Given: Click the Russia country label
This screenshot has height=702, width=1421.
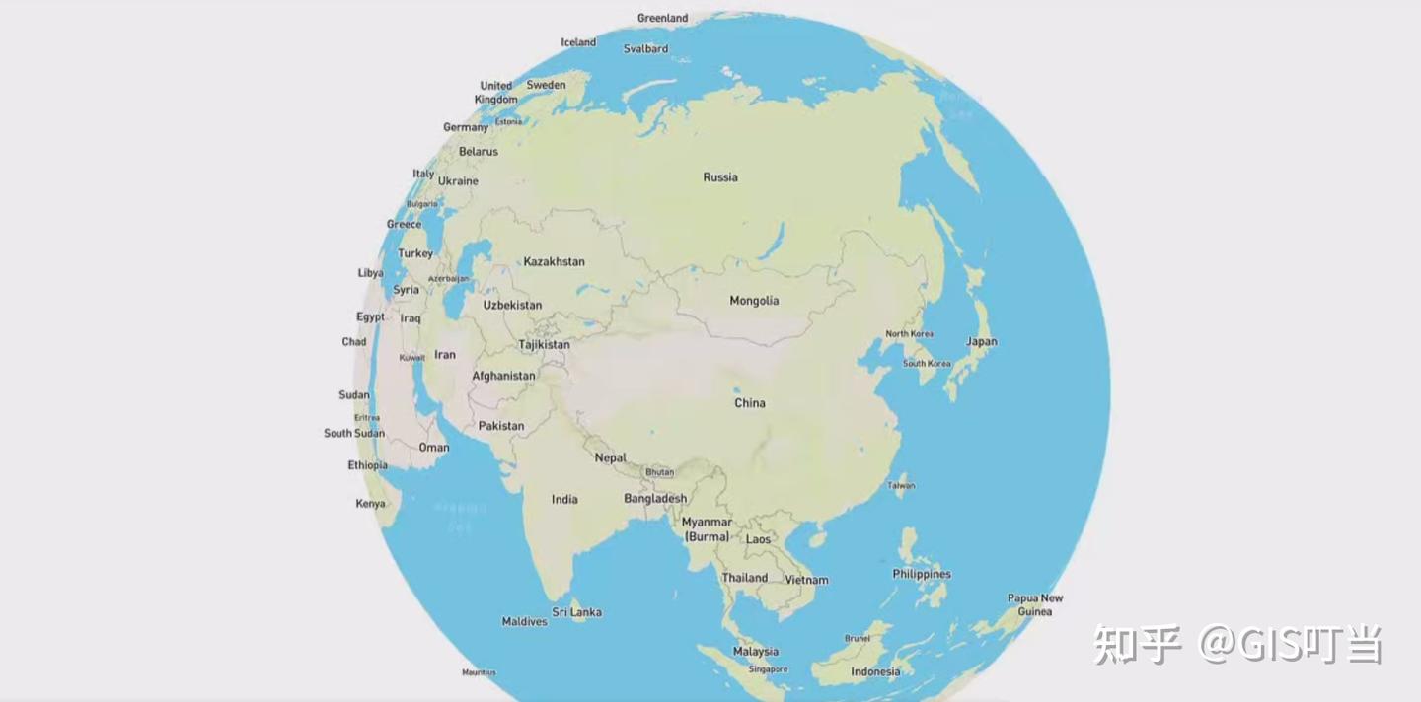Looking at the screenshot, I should [x=720, y=177].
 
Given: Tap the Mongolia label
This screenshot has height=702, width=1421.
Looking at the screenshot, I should [x=754, y=301].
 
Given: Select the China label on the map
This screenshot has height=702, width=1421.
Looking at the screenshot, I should [x=750, y=403].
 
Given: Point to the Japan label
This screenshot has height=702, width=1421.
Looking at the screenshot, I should [x=982, y=342].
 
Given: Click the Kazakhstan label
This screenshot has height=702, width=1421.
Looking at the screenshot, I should [x=554, y=261].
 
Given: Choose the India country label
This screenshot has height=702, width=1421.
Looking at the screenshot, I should [x=564, y=499].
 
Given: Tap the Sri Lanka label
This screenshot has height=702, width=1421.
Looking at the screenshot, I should [x=576, y=612].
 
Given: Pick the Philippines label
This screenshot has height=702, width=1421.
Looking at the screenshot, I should [x=922, y=574].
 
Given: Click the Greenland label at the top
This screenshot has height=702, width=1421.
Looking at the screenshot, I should [x=662, y=18].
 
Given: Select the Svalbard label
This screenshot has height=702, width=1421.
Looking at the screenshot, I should [x=645, y=48].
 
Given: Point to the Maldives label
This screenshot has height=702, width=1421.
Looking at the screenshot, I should [x=524, y=622].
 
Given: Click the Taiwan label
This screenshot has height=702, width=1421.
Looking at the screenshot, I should [x=901, y=485].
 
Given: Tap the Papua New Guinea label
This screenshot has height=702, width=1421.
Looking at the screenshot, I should [x=1035, y=604].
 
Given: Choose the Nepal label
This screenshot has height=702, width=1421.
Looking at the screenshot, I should [x=611, y=457].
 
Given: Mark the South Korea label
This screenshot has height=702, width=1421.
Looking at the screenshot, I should [x=927, y=364].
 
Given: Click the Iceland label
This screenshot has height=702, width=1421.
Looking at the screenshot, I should [x=578, y=42].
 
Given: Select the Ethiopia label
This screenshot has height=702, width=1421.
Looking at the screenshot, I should [x=367, y=465].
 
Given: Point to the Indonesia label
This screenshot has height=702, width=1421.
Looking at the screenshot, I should [x=875, y=672].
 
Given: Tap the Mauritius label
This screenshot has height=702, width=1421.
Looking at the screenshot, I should [x=479, y=673].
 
